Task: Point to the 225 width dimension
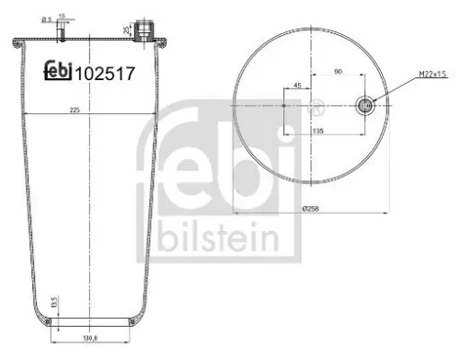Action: click(87, 107)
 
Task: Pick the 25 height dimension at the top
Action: click(126, 28)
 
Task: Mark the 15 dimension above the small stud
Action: click(61, 16)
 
